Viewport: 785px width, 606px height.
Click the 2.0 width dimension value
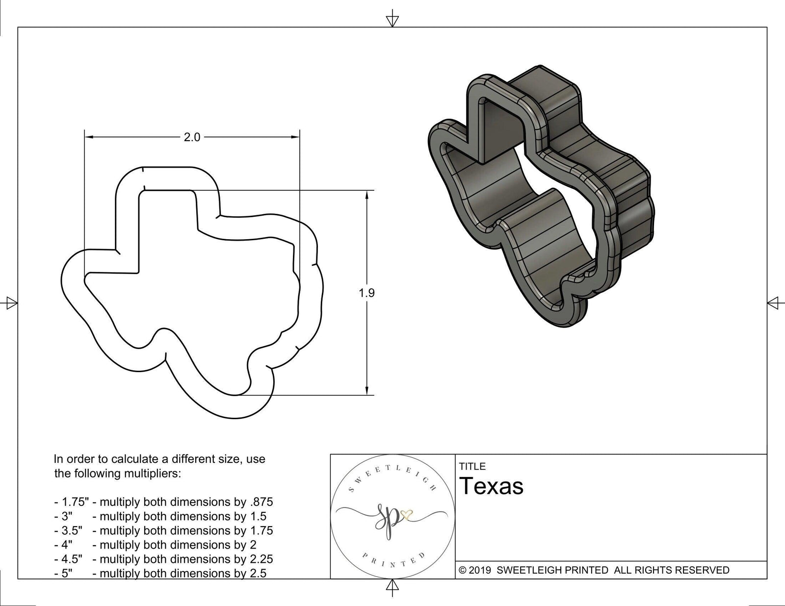(x=192, y=138)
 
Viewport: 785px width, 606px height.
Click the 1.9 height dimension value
(x=366, y=293)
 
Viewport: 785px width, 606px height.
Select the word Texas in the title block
(x=492, y=486)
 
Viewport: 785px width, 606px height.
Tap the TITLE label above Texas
(x=472, y=466)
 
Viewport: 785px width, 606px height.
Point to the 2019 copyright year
(x=480, y=570)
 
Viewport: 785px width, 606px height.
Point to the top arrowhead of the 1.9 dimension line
(x=366, y=195)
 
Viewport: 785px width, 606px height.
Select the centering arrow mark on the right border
(x=773, y=303)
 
